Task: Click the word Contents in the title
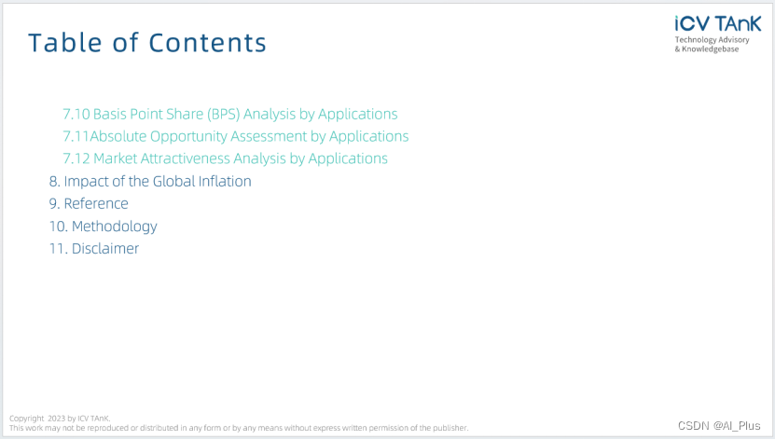tap(208, 43)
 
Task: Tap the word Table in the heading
tap(65, 43)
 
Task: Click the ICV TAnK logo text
tap(718, 23)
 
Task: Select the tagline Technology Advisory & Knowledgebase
tap(713, 45)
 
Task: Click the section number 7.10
tap(76, 114)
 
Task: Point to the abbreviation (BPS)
tap(224, 114)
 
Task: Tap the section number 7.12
tap(76, 158)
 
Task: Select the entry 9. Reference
tap(89, 203)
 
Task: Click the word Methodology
tap(114, 227)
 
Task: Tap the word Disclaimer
tap(105, 248)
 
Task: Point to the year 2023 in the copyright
tap(56, 419)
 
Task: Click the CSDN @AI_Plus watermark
tap(719, 426)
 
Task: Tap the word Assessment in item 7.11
tap(269, 136)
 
